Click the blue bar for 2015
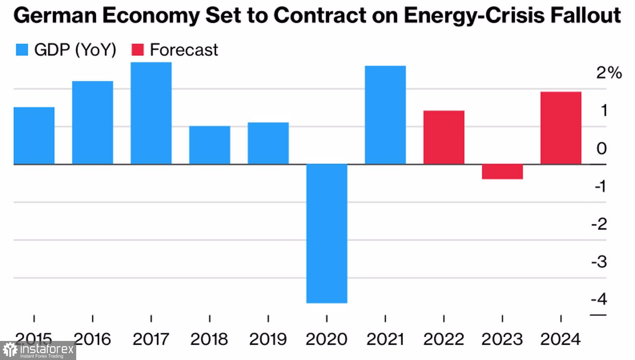pos(34,136)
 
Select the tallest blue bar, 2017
pos(151,113)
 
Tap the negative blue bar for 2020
pos(327,233)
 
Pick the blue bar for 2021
pos(385,115)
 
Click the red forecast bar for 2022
pos(444,137)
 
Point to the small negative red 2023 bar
pos(502,172)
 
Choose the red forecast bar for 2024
pos(561,128)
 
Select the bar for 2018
pos(210,145)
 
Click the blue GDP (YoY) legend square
pos(22,50)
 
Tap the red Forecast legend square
pos(138,50)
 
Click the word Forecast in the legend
pos(184,50)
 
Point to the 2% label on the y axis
pos(609,73)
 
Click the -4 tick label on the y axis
pos(599,299)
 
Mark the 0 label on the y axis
pos(602,148)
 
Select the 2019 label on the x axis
pos(268,339)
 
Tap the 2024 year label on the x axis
pos(560,339)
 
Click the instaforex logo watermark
pos(38,350)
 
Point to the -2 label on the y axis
pos(599,224)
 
